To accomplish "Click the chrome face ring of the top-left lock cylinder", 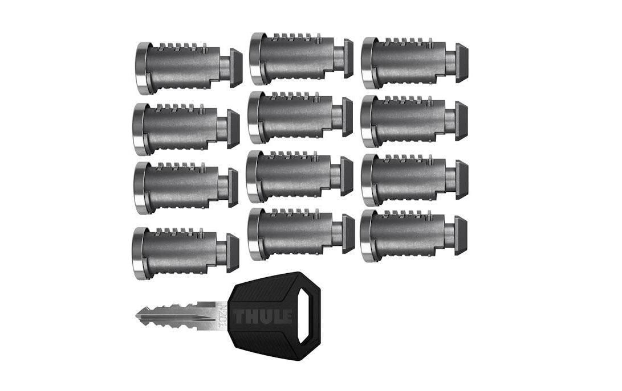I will point(142,68).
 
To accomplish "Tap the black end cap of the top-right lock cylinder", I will point(461,63).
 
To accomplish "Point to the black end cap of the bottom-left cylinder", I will point(232,253).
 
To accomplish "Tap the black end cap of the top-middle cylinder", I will point(348,59).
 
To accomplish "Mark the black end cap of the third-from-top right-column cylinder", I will point(461,179).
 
